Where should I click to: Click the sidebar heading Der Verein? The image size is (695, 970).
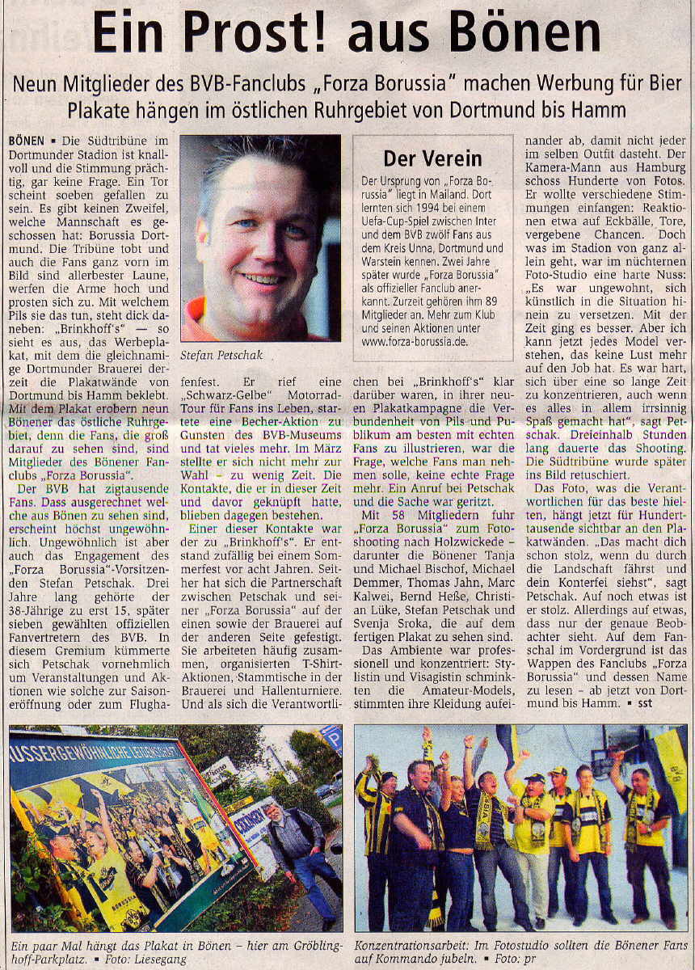click(432, 158)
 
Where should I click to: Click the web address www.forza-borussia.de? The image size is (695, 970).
click(419, 341)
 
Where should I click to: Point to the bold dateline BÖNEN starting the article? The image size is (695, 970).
click(27, 140)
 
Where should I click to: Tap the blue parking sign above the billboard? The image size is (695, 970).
click(331, 738)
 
